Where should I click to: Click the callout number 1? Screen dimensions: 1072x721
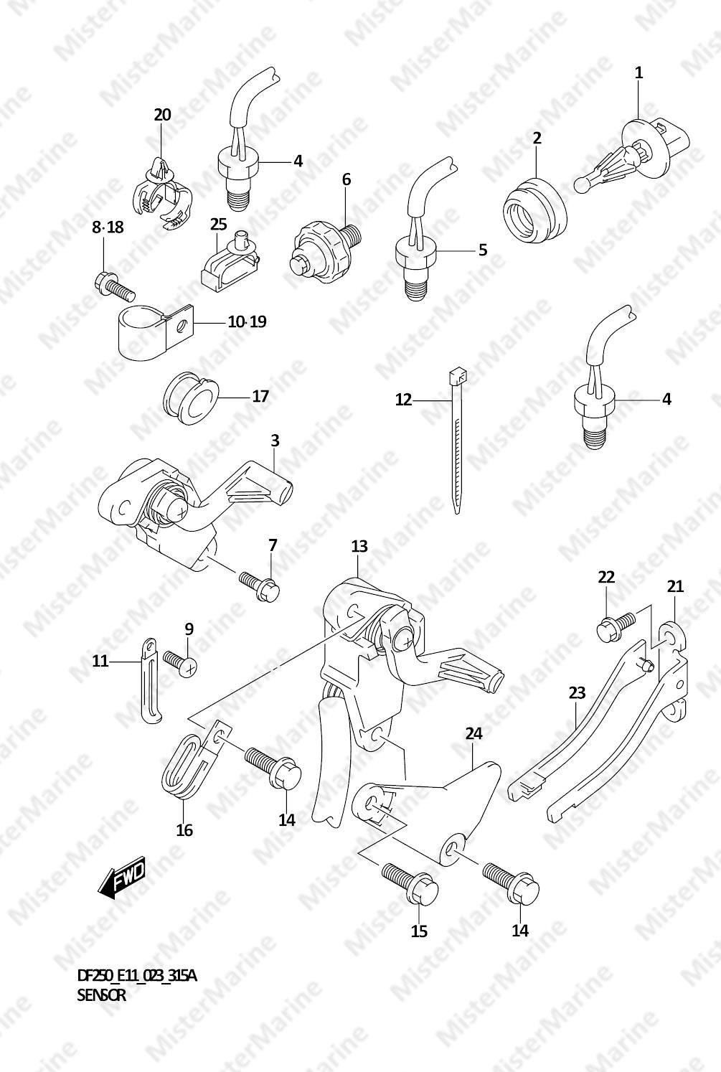(x=638, y=72)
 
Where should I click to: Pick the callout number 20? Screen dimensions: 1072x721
(x=162, y=115)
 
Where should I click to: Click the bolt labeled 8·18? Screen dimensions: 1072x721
(x=113, y=286)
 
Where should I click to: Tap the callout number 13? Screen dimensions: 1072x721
(x=359, y=547)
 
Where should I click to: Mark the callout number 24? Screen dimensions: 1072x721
(x=473, y=733)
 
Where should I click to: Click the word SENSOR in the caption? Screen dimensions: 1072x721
(x=101, y=995)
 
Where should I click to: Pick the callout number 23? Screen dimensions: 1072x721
(x=577, y=692)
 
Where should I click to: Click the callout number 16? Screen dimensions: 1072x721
(x=184, y=830)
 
